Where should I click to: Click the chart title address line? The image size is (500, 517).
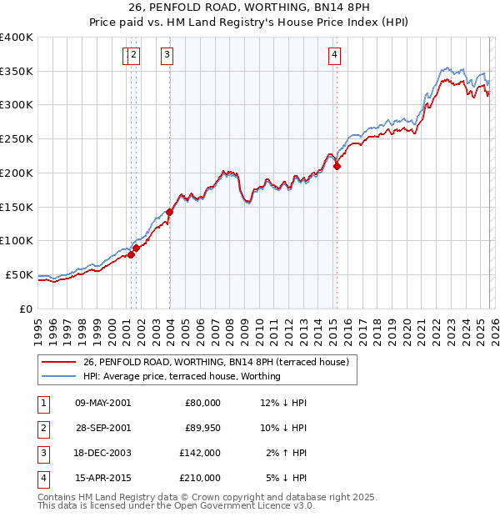click(249, 8)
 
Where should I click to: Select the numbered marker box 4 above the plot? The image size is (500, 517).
click(334, 56)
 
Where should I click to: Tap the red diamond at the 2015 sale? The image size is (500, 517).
click(337, 166)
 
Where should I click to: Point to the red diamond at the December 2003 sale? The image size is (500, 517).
click(169, 212)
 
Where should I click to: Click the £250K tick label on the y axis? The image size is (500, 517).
click(17, 138)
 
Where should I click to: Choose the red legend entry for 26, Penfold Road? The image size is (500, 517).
click(220, 363)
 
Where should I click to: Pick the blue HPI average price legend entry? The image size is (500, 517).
click(182, 376)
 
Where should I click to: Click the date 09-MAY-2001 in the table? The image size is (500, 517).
click(102, 403)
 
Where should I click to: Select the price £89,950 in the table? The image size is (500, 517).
click(202, 428)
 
